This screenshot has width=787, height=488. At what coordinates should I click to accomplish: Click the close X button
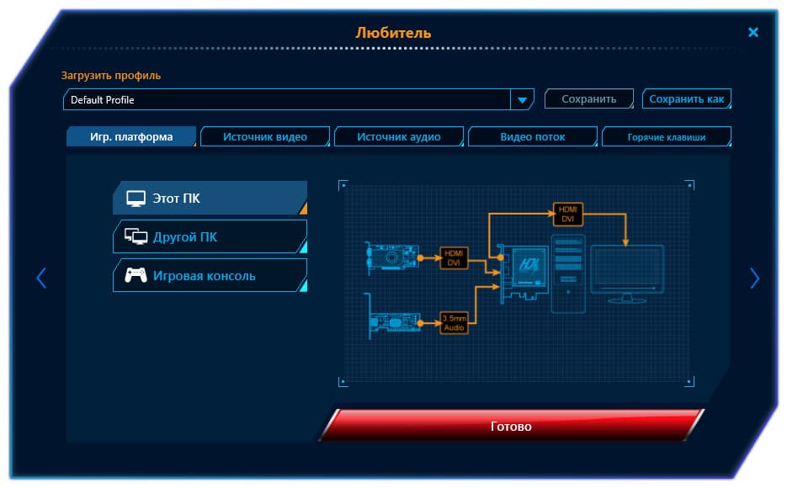pyautogui.click(x=752, y=32)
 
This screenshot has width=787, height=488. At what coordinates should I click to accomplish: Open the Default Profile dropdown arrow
pyautogui.click(x=522, y=100)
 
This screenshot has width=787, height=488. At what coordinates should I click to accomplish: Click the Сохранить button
pyautogui.click(x=588, y=98)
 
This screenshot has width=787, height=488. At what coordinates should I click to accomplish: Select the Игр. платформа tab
pyautogui.click(x=131, y=136)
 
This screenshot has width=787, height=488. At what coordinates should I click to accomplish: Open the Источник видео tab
pyautogui.click(x=265, y=136)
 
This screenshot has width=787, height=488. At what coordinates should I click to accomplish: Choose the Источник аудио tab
pyautogui.click(x=398, y=136)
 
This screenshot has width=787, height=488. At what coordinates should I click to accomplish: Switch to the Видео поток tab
pyautogui.click(x=533, y=136)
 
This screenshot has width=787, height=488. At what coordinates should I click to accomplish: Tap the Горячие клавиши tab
pyautogui.click(x=666, y=137)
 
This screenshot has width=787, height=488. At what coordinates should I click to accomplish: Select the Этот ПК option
pyautogui.click(x=210, y=198)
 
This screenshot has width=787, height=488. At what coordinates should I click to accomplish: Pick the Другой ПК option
pyautogui.click(x=210, y=236)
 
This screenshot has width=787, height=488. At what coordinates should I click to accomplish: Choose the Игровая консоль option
pyautogui.click(x=210, y=275)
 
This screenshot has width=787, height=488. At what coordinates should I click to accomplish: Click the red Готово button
pyautogui.click(x=511, y=426)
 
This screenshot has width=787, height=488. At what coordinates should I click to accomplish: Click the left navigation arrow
pyautogui.click(x=41, y=278)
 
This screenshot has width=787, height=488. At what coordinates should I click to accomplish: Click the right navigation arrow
pyautogui.click(x=754, y=278)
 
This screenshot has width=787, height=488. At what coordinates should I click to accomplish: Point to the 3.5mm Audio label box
pyautogui.click(x=454, y=323)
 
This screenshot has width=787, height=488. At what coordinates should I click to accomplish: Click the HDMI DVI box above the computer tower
pyautogui.click(x=567, y=215)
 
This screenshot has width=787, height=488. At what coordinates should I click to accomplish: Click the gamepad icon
pyautogui.click(x=136, y=275)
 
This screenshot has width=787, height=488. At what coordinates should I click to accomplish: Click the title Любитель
pyautogui.click(x=393, y=33)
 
